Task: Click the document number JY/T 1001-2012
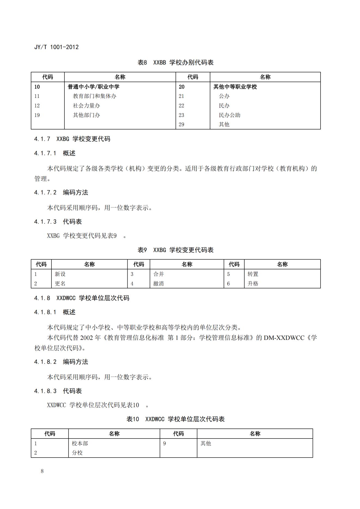(56, 47)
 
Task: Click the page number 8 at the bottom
(42, 471)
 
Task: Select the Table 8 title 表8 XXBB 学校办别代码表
(176, 63)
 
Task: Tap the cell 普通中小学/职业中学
(93, 87)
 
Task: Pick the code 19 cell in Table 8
(37, 115)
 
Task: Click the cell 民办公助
(229, 115)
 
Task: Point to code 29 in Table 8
(181, 124)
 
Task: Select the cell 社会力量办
(86, 106)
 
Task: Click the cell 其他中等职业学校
(235, 87)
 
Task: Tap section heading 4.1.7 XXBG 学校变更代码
(72, 139)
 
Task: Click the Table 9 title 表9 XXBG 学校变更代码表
(176, 250)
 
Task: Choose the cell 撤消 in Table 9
(158, 283)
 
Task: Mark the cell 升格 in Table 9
(253, 283)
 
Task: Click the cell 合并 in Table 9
(158, 274)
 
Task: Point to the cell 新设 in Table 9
(60, 274)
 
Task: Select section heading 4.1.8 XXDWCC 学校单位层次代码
(82, 298)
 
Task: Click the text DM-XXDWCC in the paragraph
(284, 338)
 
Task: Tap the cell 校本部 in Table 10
(80, 443)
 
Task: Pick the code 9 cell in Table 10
(164, 443)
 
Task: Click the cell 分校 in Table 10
(77, 453)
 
